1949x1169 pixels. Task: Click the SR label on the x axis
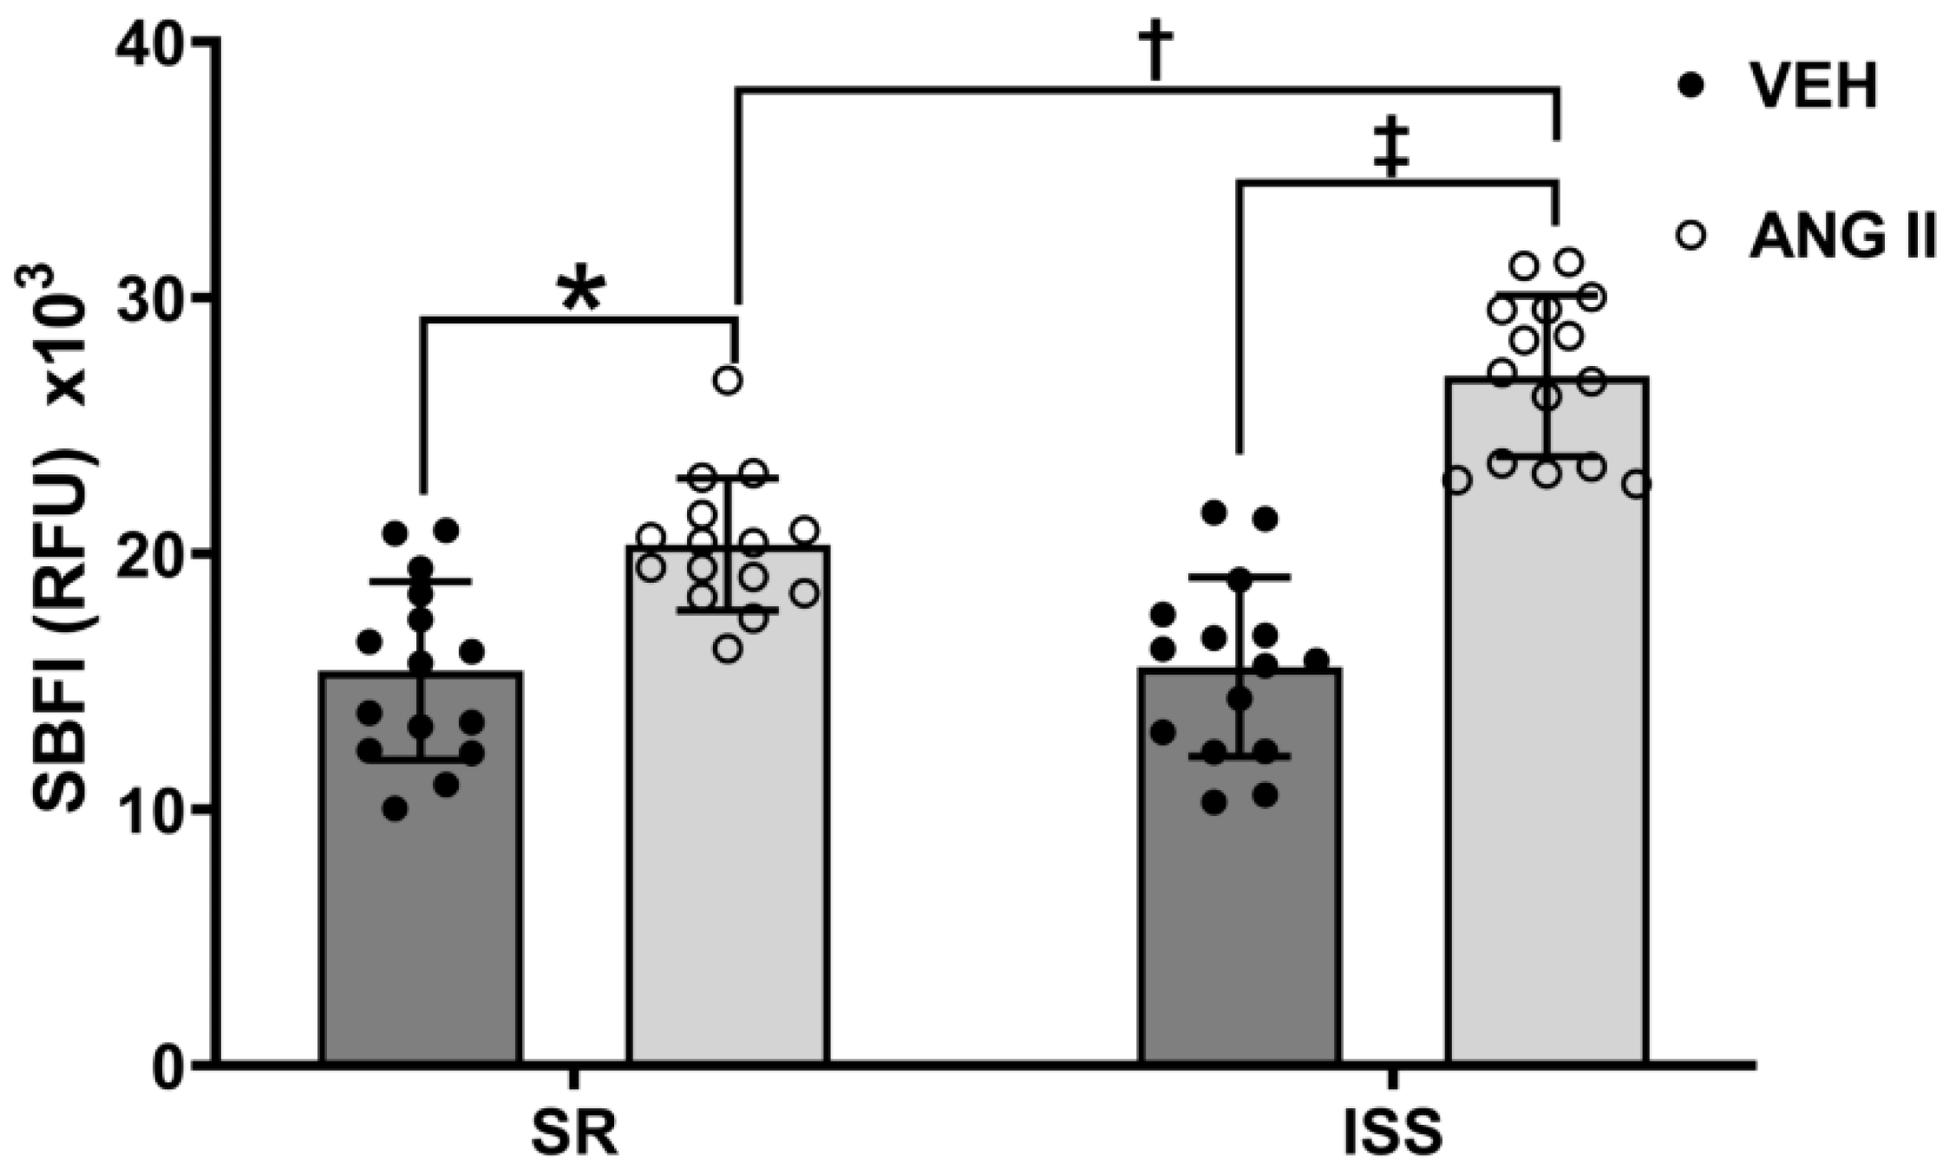[x=574, y=1133]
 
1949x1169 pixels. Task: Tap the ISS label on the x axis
[x=1393, y=1133]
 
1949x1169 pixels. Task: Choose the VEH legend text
[x=1814, y=87]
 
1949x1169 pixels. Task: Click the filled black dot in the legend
[x=1691, y=87]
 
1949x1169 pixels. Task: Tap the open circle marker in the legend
[x=1691, y=235]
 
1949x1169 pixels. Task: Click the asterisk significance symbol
[x=580, y=291]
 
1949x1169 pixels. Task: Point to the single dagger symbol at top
[x=1156, y=49]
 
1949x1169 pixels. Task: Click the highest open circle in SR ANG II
[x=729, y=380]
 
